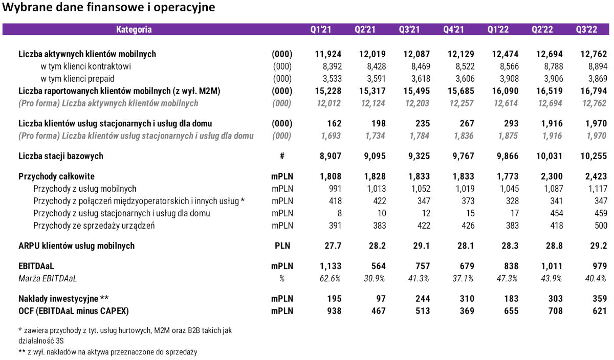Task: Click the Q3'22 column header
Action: point(586,30)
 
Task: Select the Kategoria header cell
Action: point(134,30)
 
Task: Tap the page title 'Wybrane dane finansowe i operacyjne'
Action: point(108,8)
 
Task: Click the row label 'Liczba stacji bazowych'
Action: point(61,156)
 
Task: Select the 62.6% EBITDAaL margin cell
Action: point(330,279)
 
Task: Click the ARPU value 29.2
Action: point(598,245)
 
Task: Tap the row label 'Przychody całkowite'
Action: point(56,176)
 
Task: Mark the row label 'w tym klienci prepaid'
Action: point(77,79)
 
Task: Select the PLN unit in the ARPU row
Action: point(282,245)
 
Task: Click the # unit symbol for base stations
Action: point(282,156)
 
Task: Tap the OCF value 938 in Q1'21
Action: point(333,311)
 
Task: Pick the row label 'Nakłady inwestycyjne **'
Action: point(63,299)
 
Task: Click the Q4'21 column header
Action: point(453,30)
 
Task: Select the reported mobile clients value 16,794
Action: point(594,91)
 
